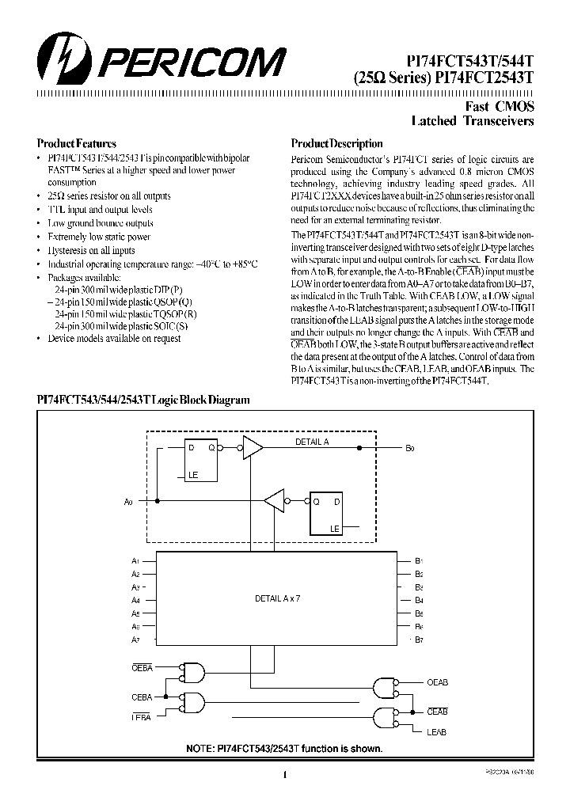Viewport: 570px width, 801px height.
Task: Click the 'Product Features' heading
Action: (77, 144)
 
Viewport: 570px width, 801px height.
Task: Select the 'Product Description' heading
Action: (336, 144)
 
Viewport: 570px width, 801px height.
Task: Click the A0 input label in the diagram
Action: (129, 501)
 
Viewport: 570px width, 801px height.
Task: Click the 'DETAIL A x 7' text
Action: (277, 598)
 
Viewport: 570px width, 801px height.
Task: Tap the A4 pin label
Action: (135, 600)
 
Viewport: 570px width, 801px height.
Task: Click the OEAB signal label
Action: (437, 681)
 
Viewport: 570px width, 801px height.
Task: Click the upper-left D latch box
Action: (202, 459)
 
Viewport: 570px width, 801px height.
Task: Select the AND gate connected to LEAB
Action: (385, 715)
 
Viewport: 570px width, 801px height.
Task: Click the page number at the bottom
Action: (283, 776)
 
